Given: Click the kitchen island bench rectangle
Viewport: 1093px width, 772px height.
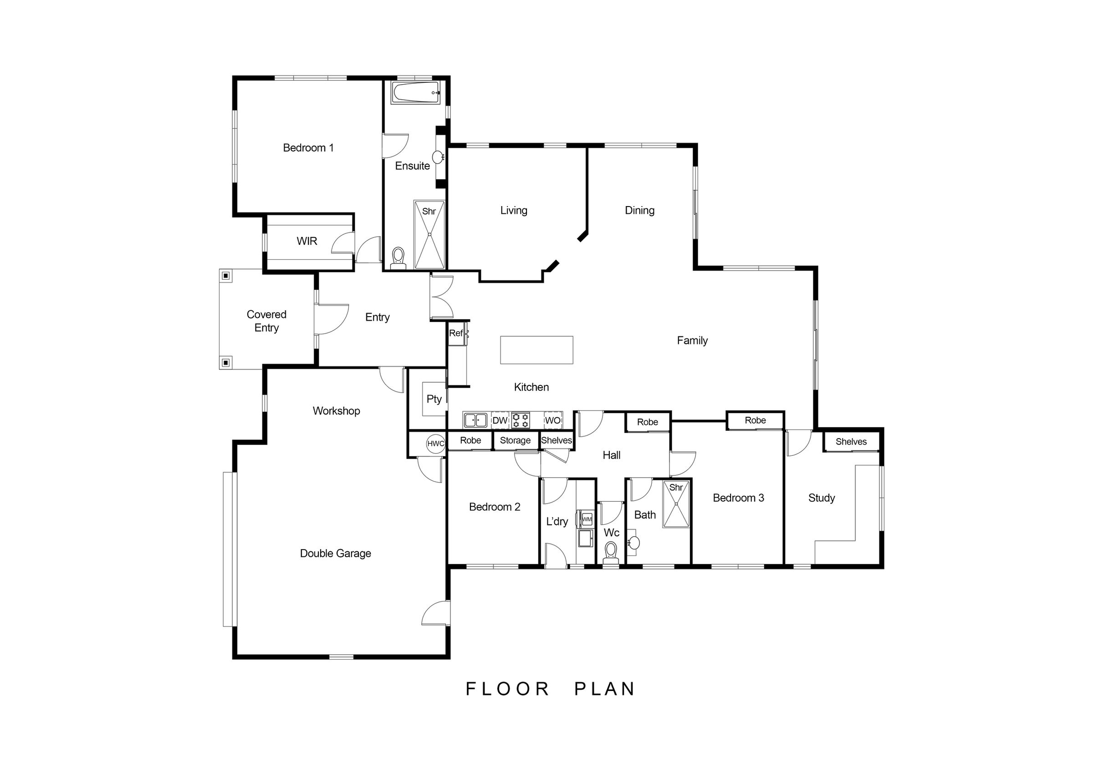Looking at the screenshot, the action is (x=536, y=350).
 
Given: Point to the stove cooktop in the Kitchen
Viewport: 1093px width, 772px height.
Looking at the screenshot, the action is (x=521, y=420).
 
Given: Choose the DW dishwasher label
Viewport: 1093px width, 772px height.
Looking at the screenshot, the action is (x=500, y=420).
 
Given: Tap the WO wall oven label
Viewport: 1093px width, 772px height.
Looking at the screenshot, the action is (x=553, y=420).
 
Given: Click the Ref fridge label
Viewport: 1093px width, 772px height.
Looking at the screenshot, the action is (x=455, y=333).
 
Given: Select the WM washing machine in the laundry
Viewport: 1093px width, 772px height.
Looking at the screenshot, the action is (x=587, y=520).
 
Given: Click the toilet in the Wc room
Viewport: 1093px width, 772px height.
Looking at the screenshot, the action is (x=610, y=552).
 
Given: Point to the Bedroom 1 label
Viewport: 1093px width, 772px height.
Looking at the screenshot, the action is (x=308, y=148).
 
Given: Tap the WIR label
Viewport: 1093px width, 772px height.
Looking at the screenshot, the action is (x=306, y=241).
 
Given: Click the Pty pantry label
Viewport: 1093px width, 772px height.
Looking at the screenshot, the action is (x=434, y=399).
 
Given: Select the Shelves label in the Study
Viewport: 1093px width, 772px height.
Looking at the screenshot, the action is (x=851, y=441).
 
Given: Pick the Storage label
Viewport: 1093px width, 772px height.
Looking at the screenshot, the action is (x=515, y=440).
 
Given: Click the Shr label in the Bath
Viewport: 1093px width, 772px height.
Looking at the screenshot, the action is (x=676, y=488).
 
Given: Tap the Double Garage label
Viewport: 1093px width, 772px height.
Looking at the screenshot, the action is (x=335, y=553).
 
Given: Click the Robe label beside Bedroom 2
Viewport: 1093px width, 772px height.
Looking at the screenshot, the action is (x=470, y=440).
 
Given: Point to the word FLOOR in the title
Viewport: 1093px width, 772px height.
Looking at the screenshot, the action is (x=507, y=689).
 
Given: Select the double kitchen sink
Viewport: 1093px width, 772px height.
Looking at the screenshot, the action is (x=475, y=420).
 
